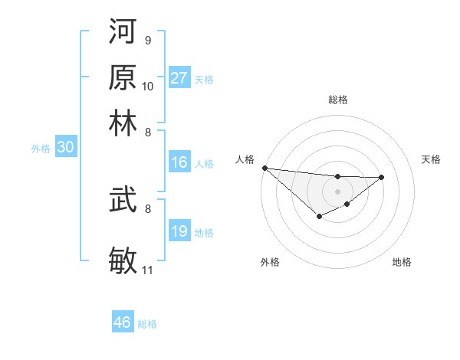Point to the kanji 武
[123, 201]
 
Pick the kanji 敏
[123, 259]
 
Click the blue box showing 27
[179, 77]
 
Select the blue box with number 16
[179, 162]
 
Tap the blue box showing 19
[179, 231]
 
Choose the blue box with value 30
[66, 149]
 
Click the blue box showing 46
[123, 322]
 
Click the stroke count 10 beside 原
[148, 86]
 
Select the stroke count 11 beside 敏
[148, 270]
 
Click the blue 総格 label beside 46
[147, 324]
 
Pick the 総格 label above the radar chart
[337, 100]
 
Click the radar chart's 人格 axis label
[245, 159]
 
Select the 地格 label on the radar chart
[402, 262]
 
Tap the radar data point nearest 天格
[382, 177]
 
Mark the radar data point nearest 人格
[264, 168]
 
